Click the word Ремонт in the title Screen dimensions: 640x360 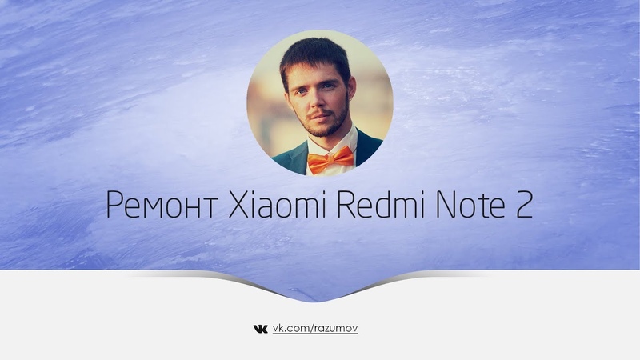click(161, 204)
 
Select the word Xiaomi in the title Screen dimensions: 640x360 click(277, 203)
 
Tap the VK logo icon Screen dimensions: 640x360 click(261, 329)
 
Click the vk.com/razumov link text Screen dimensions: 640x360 click(315, 329)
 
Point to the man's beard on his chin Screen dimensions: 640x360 click(322, 126)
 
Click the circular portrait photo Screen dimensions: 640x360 click(319, 103)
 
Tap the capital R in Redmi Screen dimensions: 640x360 click(346, 204)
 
